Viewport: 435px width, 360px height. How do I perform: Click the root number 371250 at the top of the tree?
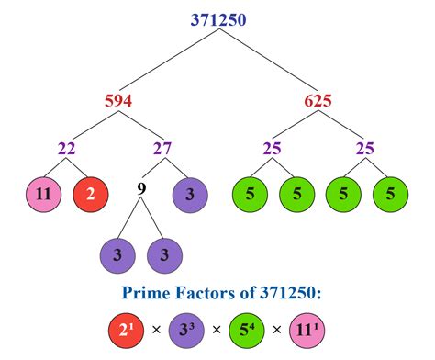pos(218,18)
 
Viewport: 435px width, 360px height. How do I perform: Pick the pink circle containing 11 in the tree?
pos(41,193)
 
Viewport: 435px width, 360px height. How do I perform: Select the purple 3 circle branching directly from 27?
pos(190,193)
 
